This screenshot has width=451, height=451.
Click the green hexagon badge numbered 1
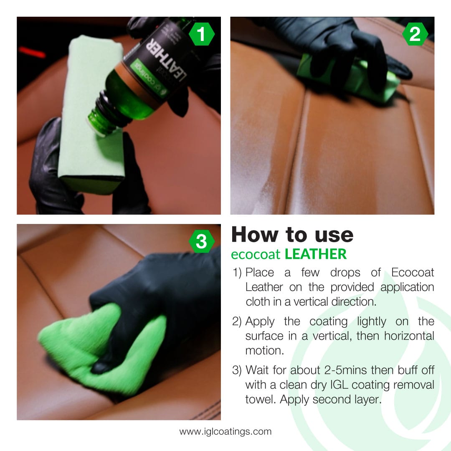click(202, 34)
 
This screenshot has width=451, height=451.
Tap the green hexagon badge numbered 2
click(415, 34)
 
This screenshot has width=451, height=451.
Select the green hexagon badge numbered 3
click(202, 241)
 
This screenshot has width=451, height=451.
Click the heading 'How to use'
click(292, 235)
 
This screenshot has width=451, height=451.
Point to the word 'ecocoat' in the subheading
click(256, 254)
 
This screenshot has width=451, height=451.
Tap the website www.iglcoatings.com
click(225, 431)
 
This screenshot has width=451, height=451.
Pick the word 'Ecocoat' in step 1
click(413, 273)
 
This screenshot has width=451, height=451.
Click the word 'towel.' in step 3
click(260, 399)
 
